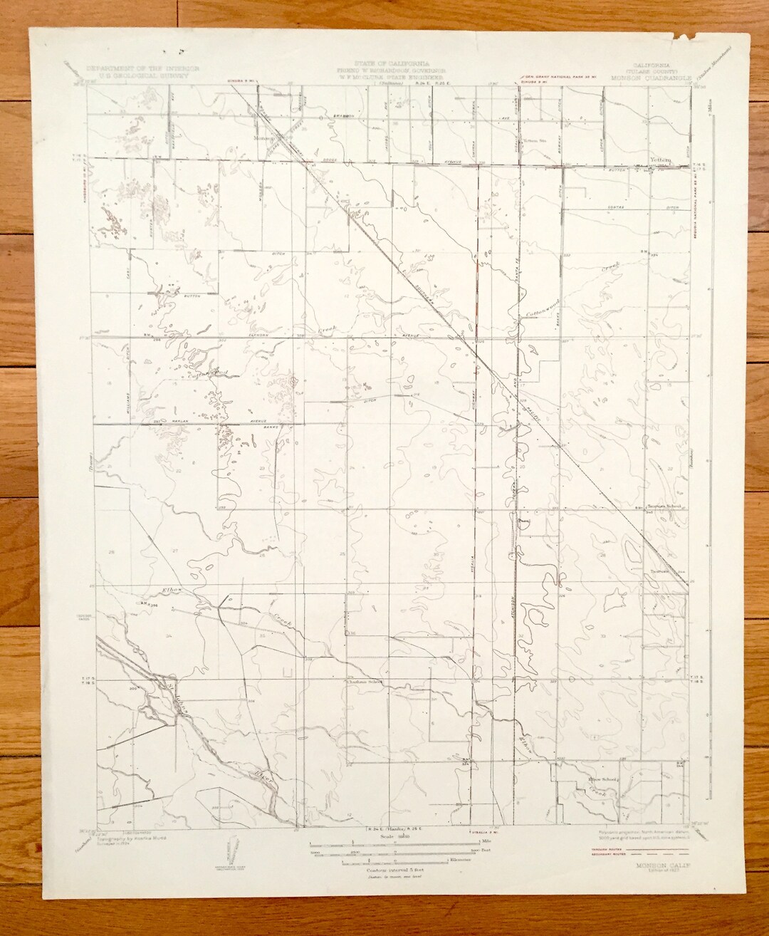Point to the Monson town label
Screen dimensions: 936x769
[265, 140]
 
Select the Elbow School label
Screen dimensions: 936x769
[599, 779]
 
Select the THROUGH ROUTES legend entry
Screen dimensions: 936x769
[603, 849]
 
